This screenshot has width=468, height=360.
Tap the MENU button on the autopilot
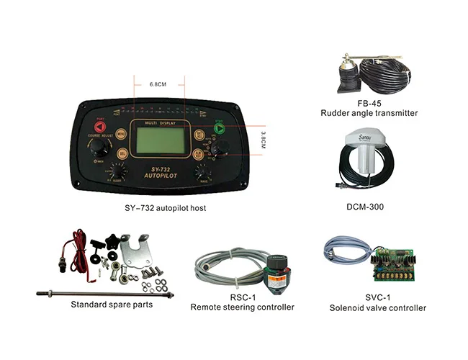[120, 133]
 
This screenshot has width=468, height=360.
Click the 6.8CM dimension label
[158, 84]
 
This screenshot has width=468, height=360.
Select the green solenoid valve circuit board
[390, 263]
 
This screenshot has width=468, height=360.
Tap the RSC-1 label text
[241, 297]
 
